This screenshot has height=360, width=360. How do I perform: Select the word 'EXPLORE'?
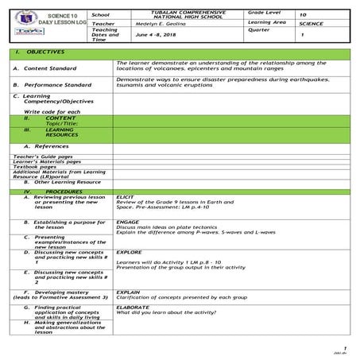(x=129, y=252)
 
